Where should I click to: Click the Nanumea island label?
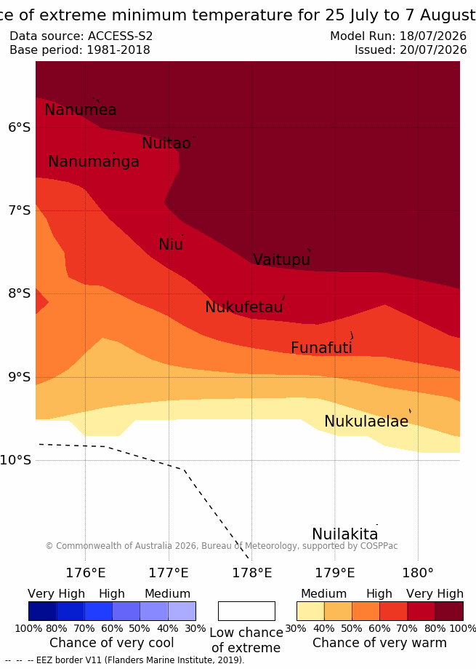point(81,110)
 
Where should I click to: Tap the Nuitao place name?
point(166,143)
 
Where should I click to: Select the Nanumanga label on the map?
point(94,162)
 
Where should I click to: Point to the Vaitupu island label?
point(281,259)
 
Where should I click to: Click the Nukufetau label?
point(244,306)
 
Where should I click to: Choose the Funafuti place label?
point(321,348)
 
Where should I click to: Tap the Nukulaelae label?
point(366,421)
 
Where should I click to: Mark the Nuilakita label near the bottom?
point(345,534)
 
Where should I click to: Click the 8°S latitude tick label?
point(20,293)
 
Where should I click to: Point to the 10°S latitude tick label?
point(16,460)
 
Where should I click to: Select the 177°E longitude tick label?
point(169,573)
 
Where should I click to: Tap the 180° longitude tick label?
point(418,573)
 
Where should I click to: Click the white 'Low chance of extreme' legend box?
point(246,611)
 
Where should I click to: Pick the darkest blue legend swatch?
point(43,611)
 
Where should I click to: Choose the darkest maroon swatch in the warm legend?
point(449,611)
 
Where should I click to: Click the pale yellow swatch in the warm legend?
point(311,611)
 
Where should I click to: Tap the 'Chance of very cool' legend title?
point(112,643)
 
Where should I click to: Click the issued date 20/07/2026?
point(433,50)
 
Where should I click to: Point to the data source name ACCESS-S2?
point(121,36)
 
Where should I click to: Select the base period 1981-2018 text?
point(118,50)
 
